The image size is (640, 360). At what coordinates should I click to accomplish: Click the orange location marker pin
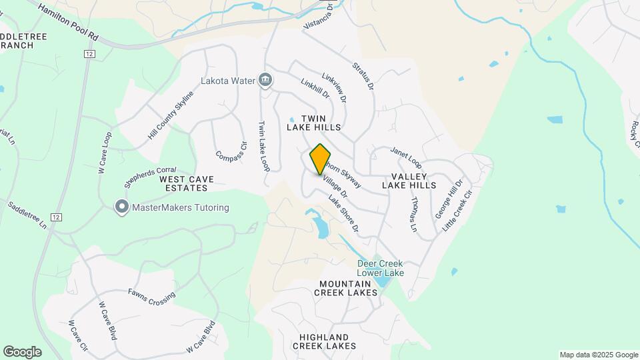[320, 159]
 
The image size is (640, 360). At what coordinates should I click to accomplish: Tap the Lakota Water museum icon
[265, 81]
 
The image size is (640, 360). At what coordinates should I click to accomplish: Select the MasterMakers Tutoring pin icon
[121, 207]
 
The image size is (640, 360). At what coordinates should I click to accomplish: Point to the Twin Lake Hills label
[314, 122]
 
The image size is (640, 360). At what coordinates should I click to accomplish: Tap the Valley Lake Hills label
[409, 181]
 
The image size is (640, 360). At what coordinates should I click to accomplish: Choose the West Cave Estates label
[187, 184]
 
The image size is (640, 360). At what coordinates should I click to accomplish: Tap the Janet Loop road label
[406, 157]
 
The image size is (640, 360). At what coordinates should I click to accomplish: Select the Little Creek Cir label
[457, 211]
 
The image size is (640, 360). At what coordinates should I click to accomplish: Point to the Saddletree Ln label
[27, 215]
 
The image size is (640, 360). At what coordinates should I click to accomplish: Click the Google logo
[22, 351]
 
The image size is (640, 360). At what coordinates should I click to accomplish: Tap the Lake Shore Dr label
[344, 213]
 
